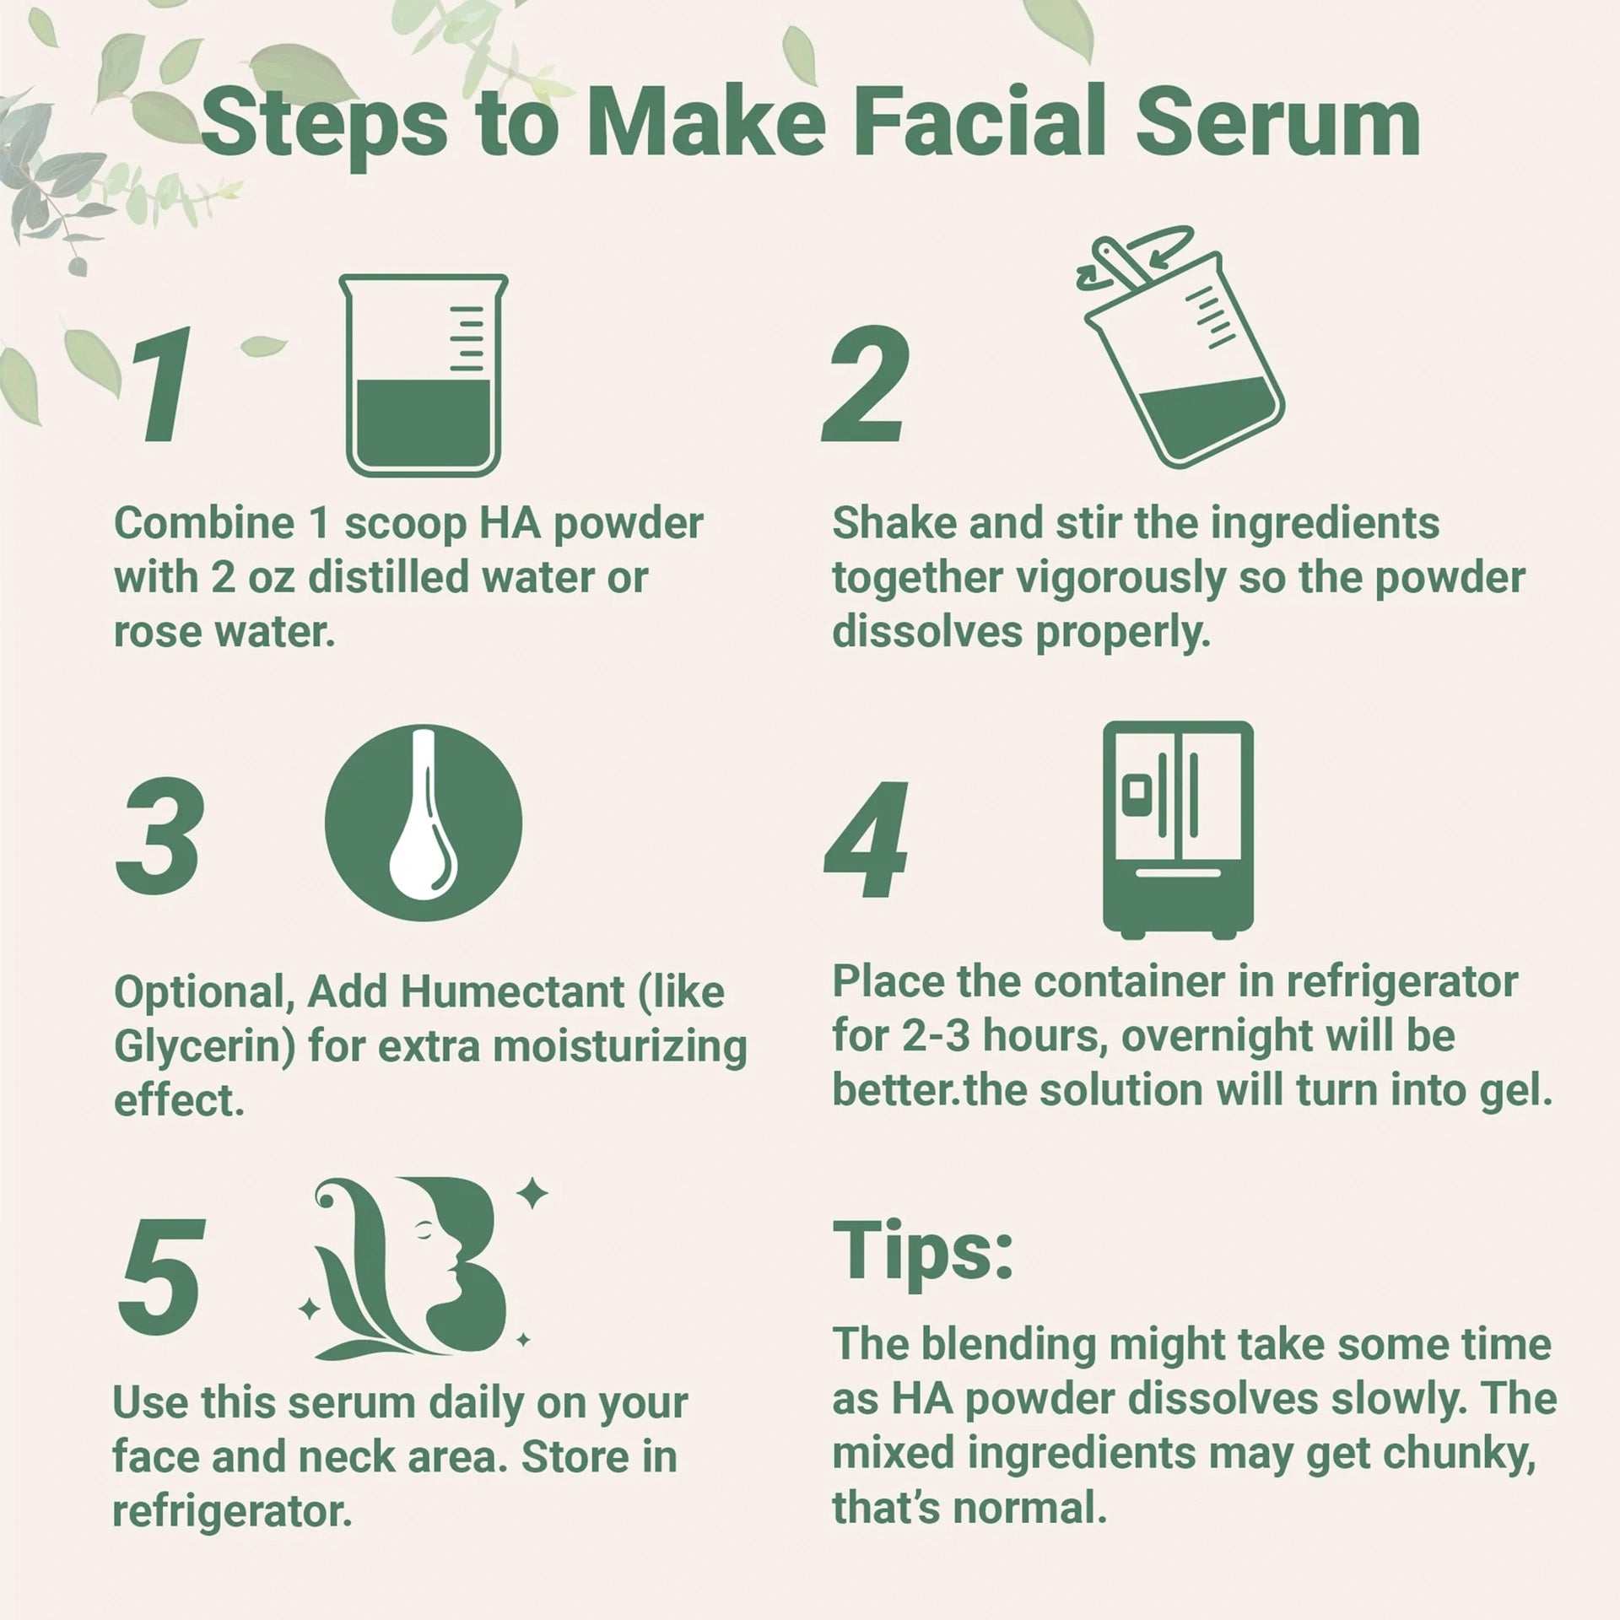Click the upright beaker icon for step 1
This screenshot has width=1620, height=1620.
(x=424, y=375)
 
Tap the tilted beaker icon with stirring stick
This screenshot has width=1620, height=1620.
(x=1181, y=354)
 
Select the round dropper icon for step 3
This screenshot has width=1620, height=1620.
(x=424, y=823)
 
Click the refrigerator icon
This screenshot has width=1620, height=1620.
(x=1178, y=829)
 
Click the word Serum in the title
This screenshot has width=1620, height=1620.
(x=1277, y=125)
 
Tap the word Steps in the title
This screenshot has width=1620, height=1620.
(x=325, y=125)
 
